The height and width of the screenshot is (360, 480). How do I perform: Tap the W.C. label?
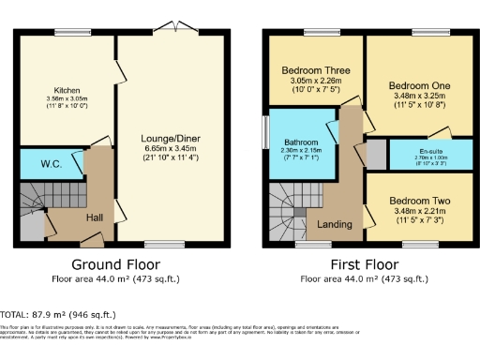coord(37,164)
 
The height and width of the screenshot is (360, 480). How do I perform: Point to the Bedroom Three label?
coord(315,69)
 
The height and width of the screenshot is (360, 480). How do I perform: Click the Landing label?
coord(336,224)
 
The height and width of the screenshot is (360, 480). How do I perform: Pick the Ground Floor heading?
coord(115,263)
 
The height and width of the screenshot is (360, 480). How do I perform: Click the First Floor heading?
coord(358,263)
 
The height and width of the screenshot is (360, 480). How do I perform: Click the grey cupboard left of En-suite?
coord(376,154)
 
